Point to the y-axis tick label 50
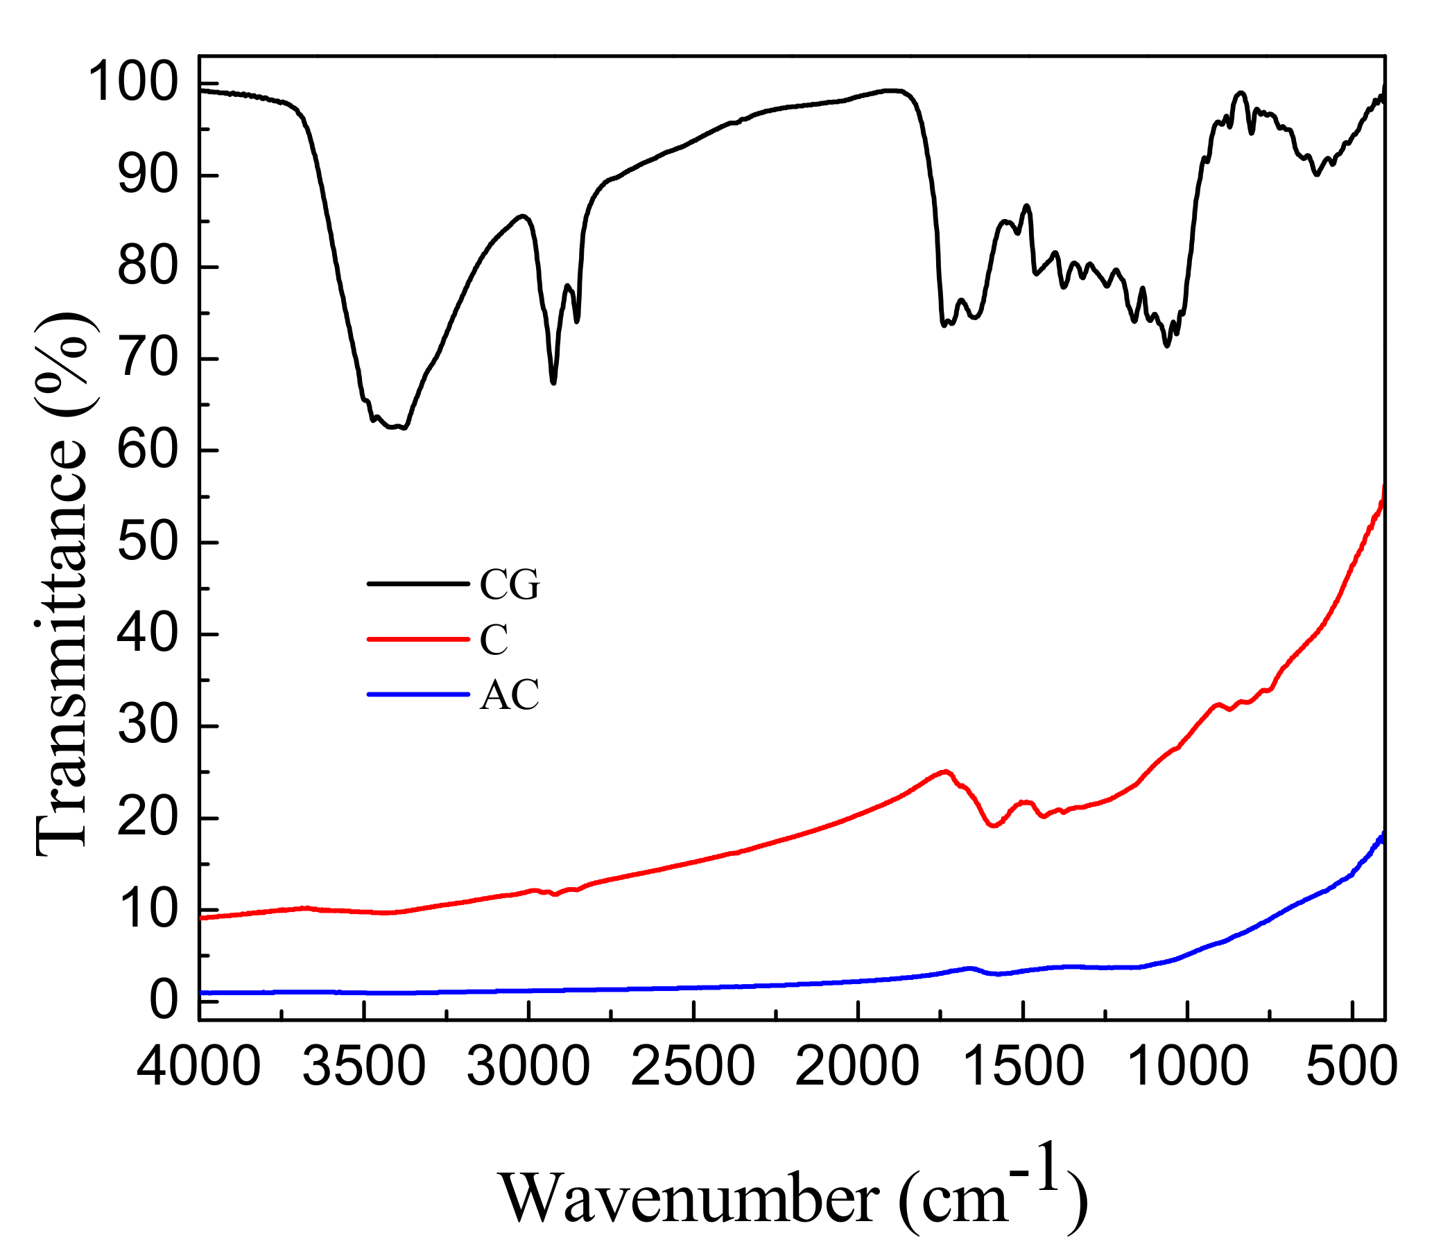[x=148, y=543]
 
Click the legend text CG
[x=509, y=584]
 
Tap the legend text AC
[x=509, y=695]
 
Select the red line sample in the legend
[x=417, y=639]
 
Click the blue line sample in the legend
[x=417, y=694]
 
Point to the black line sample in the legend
[x=417, y=584]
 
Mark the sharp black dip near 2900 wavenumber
[x=553, y=382]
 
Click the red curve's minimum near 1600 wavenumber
[x=993, y=826]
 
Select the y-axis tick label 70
[x=148, y=360]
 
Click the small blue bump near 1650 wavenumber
[x=969, y=968]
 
